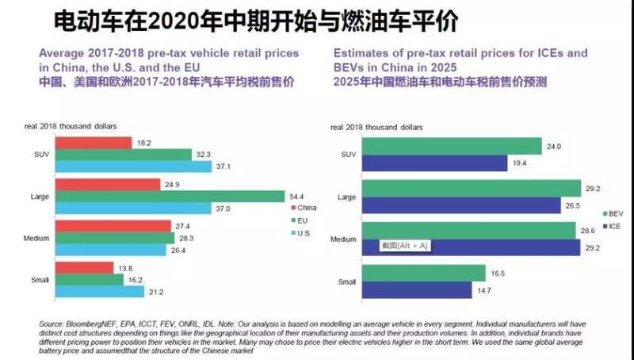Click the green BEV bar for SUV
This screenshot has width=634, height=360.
(x=452, y=146)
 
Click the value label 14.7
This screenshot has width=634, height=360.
(x=495, y=291)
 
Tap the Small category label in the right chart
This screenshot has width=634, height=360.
(x=347, y=281)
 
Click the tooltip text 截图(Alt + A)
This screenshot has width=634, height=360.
(x=405, y=246)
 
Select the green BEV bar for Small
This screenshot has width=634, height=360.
(x=422, y=273)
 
